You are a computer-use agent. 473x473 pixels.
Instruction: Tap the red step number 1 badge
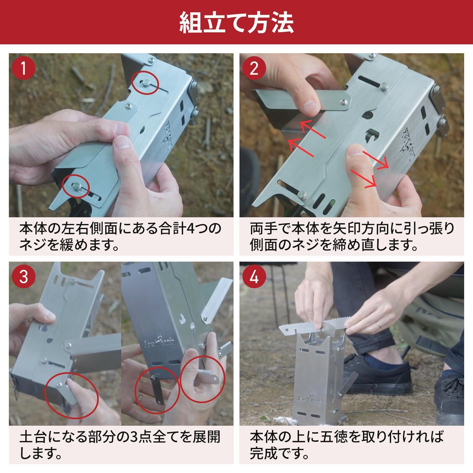point(24,68)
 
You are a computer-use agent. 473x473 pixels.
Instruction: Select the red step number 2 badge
point(254,68)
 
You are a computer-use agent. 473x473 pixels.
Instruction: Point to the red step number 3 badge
point(24,277)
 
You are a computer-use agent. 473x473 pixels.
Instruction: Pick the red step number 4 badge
point(254,277)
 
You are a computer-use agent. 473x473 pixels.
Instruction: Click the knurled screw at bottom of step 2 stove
point(303,195)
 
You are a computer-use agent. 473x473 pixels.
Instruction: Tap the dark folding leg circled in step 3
point(157,390)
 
